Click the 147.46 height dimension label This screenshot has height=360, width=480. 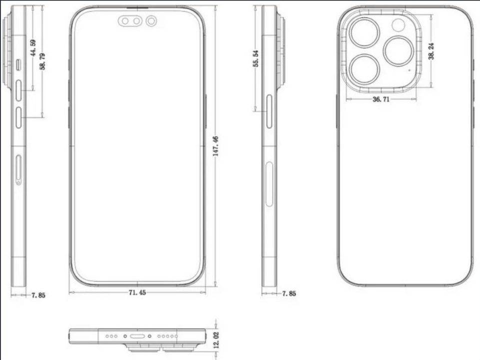pyautogui.click(x=216, y=147)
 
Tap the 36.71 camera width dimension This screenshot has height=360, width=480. pyautogui.click(x=381, y=99)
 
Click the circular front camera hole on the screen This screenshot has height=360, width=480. pyautogui.click(x=151, y=21)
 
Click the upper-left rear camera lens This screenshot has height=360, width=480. pyautogui.click(x=364, y=33)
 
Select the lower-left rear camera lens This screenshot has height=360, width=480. pyautogui.click(x=364, y=68)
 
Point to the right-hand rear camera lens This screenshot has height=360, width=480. pyautogui.click(x=399, y=51)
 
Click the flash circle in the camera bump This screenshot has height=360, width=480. pyautogui.click(x=399, y=25)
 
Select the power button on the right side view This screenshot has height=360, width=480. pyautogui.click(x=270, y=111)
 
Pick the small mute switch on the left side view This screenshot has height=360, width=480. pyautogui.click(x=19, y=64)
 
